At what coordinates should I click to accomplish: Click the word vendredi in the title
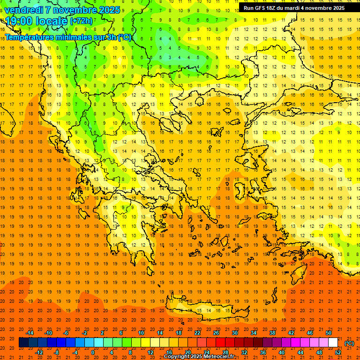click(23, 9)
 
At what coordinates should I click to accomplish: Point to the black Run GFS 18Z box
click(293, 8)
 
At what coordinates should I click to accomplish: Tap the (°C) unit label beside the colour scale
click(349, 343)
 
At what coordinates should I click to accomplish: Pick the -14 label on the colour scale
click(30, 333)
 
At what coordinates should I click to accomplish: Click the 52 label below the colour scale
click(337, 352)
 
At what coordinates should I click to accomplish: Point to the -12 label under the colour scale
click(39, 352)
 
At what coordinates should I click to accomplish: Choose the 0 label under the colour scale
click(93, 352)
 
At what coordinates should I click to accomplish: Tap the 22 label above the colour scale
click(197, 333)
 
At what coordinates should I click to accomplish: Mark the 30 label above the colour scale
click(234, 333)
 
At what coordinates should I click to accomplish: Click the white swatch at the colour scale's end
click(333, 343)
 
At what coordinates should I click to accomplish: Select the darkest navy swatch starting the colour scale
click(23, 343)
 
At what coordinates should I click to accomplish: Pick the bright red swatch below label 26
click(220, 343)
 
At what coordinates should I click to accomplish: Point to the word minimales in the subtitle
click(71, 37)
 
